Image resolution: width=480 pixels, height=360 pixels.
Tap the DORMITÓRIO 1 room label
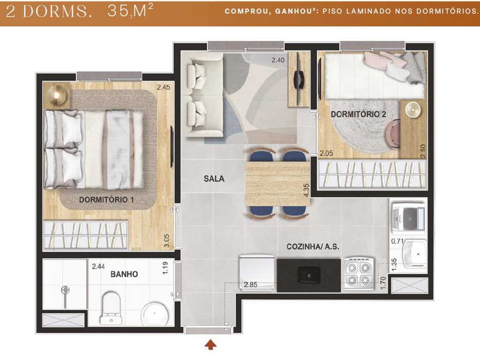(x=106, y=200)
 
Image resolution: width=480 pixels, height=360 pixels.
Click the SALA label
(x=214, y=179)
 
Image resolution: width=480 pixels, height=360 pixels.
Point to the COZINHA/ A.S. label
(x=313, y=247)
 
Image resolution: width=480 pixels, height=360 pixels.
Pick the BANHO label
(x=124, y=274)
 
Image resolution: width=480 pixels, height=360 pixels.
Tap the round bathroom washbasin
(x=156, y=312)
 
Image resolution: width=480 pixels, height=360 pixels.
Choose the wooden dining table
(x=277, y=183)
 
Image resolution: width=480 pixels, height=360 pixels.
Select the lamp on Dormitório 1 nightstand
(x=57, y=96)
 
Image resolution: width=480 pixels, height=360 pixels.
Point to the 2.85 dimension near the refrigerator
(x=251, y=284)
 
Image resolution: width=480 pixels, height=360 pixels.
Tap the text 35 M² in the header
(x=130, y=11)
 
